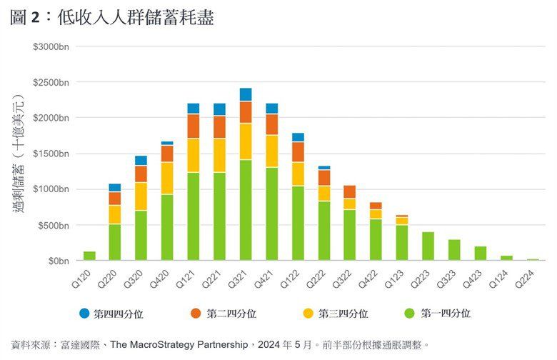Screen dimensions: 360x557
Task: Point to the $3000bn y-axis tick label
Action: [x=52, y=46]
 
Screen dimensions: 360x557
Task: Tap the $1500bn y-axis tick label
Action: [x=52, y=154]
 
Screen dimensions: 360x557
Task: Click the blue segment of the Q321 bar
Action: [x=246, y=94]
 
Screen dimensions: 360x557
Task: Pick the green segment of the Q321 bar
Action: [x=246, y=210]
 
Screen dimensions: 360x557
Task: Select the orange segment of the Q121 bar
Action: [x=194, y=126]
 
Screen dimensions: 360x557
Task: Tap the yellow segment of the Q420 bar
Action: [x=167, y=178]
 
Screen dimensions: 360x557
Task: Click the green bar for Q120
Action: [x=89, y=256]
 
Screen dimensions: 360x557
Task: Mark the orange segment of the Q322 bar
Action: [x=350, y=191]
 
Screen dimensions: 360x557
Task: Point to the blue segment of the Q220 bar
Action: [x=115, y=187]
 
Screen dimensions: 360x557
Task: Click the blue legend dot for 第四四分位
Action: [x=84, y=314]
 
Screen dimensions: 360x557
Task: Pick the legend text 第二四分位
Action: [x=231, y=314]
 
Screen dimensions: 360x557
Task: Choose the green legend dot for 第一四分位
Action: [x=409, y=314]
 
